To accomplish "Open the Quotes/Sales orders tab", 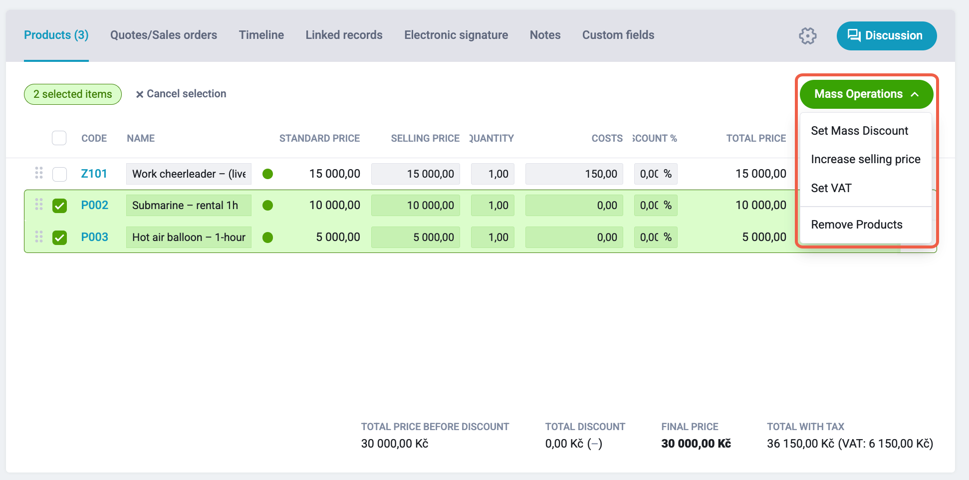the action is click(x=164, y=35).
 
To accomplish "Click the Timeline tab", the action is click(x=261, y=35).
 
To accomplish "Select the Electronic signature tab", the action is click(x=456, y=35).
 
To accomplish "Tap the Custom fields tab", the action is click(x=618, y=35).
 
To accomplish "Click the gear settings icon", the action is click(x=807, y=36).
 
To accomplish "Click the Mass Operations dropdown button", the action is click(x=866, y=94).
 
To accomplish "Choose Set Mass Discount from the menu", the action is click(x=859, y=131).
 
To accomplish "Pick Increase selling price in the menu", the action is click(x=866, y=159).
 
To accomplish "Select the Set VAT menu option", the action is click(x=831, y=188).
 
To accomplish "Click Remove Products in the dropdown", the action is click(x=857, y=225).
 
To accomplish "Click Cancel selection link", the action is click(x=181, y=94).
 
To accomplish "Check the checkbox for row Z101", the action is click(x=59, y=174).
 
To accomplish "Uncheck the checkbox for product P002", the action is click(x=59, y=206).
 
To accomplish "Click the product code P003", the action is click(x=95, y=237).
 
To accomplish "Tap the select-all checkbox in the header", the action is click(x=59, y=138).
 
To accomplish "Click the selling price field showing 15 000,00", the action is click(x=416, y=174).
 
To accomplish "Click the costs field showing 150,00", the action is click(x=574, y=174).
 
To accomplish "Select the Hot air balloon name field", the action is click(x=189, y=237).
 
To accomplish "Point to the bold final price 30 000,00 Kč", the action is click(x=696, y=444).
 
